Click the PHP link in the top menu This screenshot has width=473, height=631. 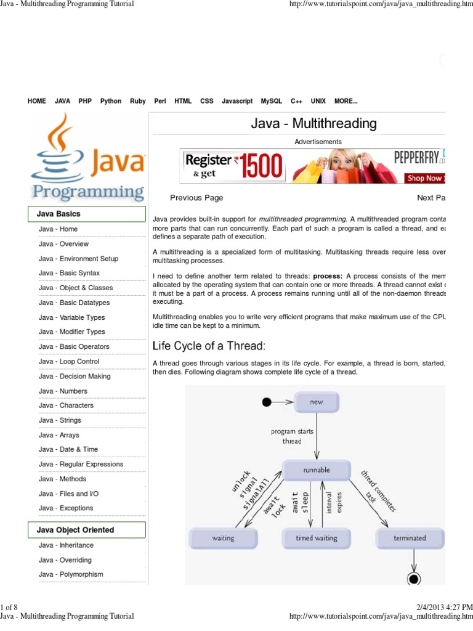point(85,101)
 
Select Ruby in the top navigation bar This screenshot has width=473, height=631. point(138,101)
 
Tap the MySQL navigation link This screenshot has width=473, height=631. point(271,101)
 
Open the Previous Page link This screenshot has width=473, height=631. point(196,198)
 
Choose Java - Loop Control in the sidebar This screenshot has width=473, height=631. point(69,362)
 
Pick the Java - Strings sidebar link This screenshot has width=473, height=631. point(60,420)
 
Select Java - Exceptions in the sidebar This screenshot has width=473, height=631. point(66,508)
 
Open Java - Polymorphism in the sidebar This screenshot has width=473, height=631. point(71,574)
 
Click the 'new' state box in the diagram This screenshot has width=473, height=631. point(317,402)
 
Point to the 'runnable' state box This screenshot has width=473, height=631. point(317,470)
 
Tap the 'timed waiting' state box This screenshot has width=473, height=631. point(317,538)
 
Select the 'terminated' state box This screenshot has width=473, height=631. point(410,538)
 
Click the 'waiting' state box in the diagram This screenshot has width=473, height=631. point(223,538)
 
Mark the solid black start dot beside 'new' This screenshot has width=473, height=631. point(267,402)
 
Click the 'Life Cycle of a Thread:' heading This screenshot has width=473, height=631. point(209,346)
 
